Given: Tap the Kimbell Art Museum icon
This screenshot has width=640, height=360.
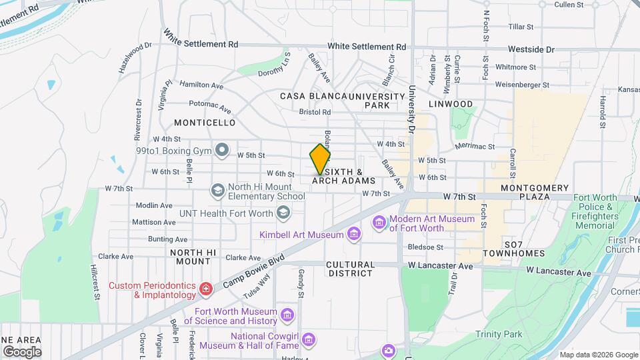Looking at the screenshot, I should point(353,233).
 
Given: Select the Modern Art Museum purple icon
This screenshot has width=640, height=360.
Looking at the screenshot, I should point(379,222).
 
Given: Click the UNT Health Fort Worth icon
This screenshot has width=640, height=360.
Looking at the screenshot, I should point(283,213).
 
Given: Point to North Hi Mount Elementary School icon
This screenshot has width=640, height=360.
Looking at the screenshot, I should point(217,191).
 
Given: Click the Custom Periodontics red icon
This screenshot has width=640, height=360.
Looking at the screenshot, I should point(206,289).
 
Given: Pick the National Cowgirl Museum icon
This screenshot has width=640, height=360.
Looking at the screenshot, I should point(308,341).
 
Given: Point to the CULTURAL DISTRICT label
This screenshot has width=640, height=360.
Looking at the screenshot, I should point(350,269).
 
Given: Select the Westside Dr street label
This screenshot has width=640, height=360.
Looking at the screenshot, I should point(531,49).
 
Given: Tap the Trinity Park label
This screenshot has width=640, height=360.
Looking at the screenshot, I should point(498,334).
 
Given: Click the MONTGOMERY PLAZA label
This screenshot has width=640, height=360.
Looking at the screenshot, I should point(535,192).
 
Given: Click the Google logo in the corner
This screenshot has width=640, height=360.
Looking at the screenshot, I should point(22,351).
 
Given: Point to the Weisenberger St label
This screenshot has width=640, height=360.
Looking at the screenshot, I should point(523,85).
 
